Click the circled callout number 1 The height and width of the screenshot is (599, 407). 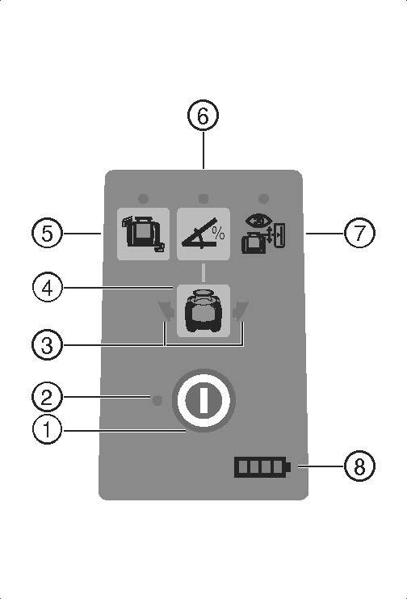coord(47,429)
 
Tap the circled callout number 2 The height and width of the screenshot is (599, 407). coord(47,397)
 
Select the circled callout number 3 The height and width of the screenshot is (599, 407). coord(47,345)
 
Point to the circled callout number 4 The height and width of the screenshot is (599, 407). coord(47,288)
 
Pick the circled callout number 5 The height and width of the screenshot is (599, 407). coord(47,233)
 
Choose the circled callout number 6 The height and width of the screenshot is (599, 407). coord(203,116)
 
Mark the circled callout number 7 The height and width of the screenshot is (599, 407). coord(359,233)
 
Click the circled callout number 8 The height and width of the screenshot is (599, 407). coord(359,466)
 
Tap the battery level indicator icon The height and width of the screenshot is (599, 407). coord(262,466)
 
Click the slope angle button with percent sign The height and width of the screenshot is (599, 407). coord(203,234)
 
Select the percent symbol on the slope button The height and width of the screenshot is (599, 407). coord(219,233)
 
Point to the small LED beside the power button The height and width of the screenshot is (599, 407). coord(157,400)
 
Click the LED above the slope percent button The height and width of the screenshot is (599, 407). coord(203,199)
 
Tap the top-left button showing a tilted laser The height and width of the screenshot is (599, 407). coord(143,234)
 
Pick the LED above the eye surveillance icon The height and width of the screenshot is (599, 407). coord(263,199)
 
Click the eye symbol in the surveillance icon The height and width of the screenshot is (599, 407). coord(259,220)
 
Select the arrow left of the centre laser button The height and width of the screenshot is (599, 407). coord(166,310)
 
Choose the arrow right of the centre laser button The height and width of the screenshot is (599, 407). coord(241,310)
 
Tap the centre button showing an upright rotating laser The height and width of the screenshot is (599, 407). coord(203,311)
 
